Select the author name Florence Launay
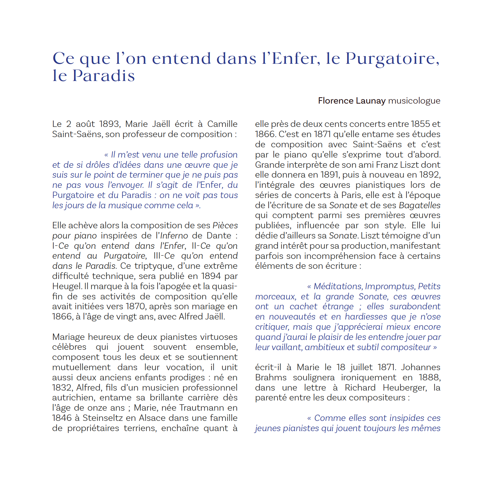352,101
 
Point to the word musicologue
414,101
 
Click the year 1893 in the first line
109,124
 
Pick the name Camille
222,124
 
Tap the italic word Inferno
174,236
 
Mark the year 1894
211,276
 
